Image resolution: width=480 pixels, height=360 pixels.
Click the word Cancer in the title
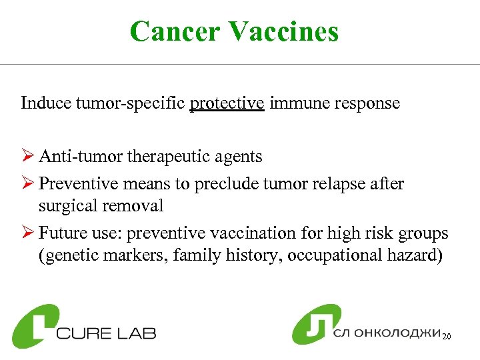(175, 31)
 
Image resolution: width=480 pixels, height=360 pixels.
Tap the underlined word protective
(227, 103)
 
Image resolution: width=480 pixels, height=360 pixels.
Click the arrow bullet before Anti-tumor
(27, 157)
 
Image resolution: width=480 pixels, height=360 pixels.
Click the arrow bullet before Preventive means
(27, 183)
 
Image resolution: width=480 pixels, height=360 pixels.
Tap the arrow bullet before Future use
(27, 233)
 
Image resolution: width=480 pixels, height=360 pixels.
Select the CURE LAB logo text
(107, 332)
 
